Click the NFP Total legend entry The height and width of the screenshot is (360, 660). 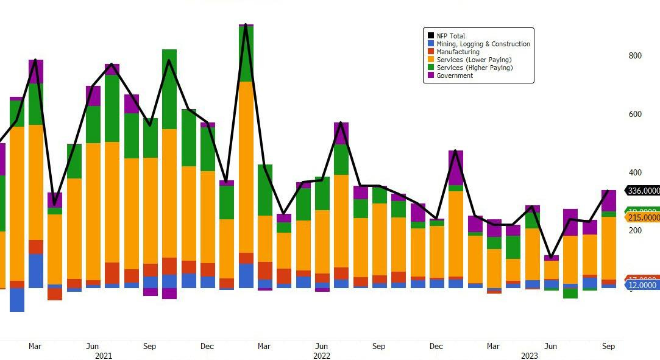[x=451, y=36]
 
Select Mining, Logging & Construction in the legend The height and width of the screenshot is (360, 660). [x=483, y=44]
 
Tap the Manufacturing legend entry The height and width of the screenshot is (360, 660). [x=458, y=52]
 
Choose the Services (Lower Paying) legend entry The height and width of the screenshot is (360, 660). [x=474, y=60]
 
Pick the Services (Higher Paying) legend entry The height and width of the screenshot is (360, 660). [x=475, y=68]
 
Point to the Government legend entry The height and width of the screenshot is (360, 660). [x=455, y=76]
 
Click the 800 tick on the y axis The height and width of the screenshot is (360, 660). [x=635, y=55]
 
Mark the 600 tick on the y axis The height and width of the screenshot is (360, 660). [x=635, y=114]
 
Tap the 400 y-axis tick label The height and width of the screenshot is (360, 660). [x=635, y=172]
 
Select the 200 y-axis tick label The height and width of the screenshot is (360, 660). [x=635, y=230]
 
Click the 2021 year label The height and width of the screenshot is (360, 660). [x=103, y=356]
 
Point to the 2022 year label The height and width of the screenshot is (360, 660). [x=321, y=356]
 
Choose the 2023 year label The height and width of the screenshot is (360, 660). [x=529, y=356]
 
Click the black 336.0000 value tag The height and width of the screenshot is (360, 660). [x=643, y=191]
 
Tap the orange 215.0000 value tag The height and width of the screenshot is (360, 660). [x=643, y=217]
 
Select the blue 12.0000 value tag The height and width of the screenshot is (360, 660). [x=643, y=285]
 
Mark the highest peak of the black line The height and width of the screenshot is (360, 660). [x=246, y=25]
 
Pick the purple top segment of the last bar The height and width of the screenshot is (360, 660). [x=608, y=200]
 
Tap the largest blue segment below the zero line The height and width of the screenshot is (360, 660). [x=17, y=300]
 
